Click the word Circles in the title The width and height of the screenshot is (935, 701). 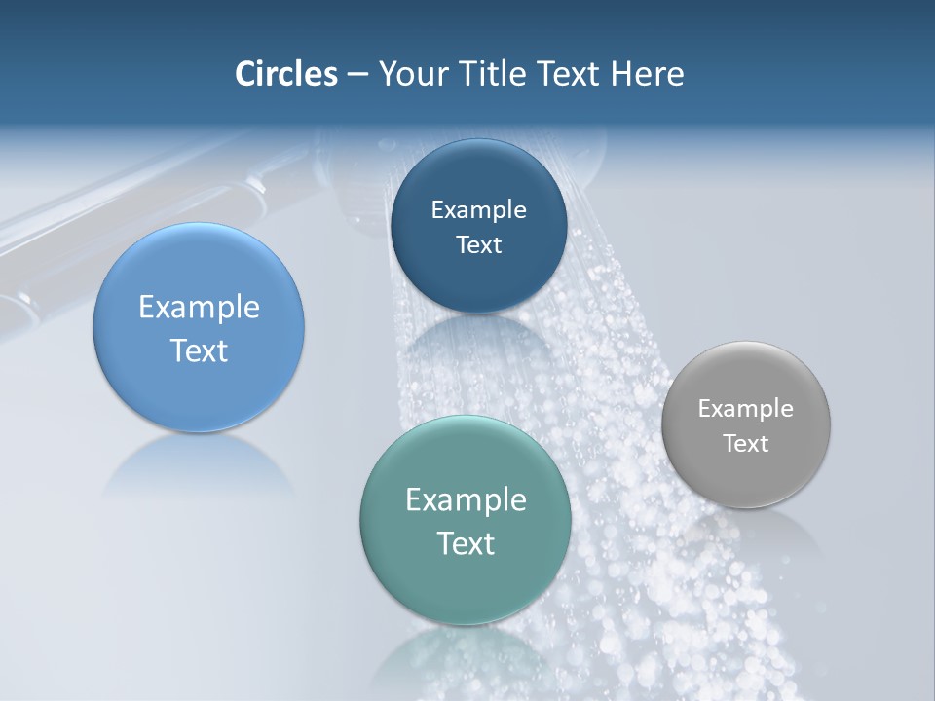tap(286, 74)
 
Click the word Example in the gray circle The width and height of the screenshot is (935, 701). tap(746, 409)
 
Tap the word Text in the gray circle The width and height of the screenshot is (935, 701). tap(746, 444)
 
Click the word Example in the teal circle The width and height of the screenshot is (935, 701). tap(466, 500)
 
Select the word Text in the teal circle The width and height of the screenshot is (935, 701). tap(466, 543)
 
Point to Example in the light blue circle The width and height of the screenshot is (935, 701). tap(199, 308)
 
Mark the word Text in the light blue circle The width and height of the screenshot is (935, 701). tap(199, 350)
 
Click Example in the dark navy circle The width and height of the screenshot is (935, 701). tap(478, 210)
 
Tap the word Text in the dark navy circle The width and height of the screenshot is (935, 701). tap(478, 245)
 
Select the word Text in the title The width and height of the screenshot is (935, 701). tap(570, 74)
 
